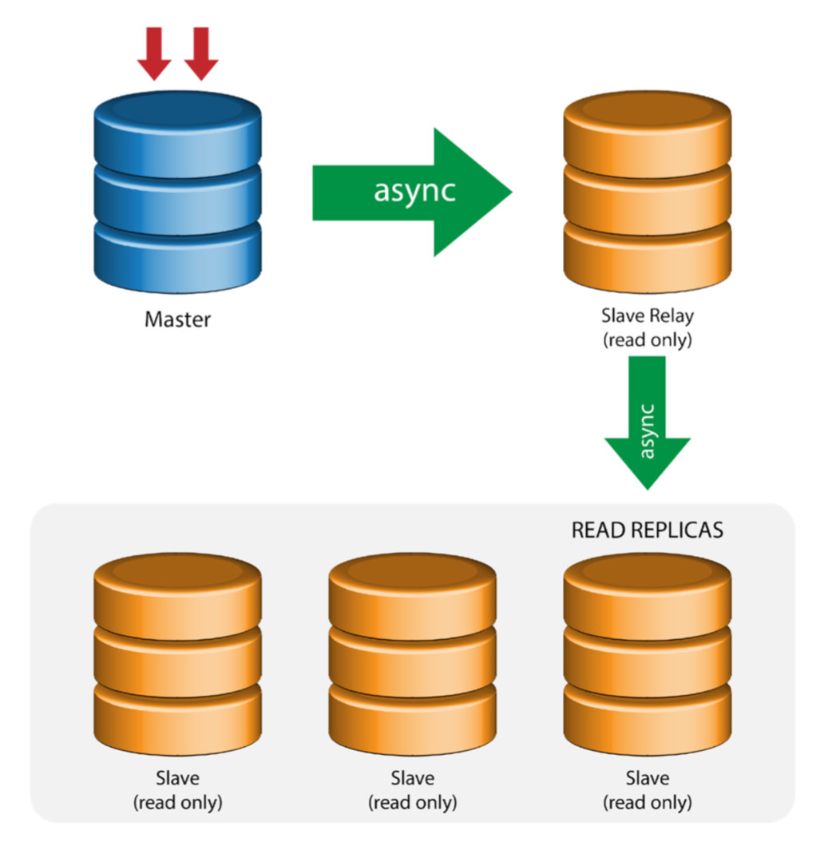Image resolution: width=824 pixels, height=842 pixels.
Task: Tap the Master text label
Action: tap(177, 320)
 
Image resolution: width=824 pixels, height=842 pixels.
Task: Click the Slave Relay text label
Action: tap(647, 316)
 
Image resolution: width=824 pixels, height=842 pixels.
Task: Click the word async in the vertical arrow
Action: tap(648, 431)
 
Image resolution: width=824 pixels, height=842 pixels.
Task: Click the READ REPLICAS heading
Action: tap(647, 530)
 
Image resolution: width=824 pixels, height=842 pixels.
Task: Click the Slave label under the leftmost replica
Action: tap(177, 777)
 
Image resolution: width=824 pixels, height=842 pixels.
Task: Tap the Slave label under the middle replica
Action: tap(412, 777)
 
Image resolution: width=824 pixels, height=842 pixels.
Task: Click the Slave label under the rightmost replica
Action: tap(647, 777)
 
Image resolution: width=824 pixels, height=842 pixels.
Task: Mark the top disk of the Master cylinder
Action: tap(177, 128)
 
